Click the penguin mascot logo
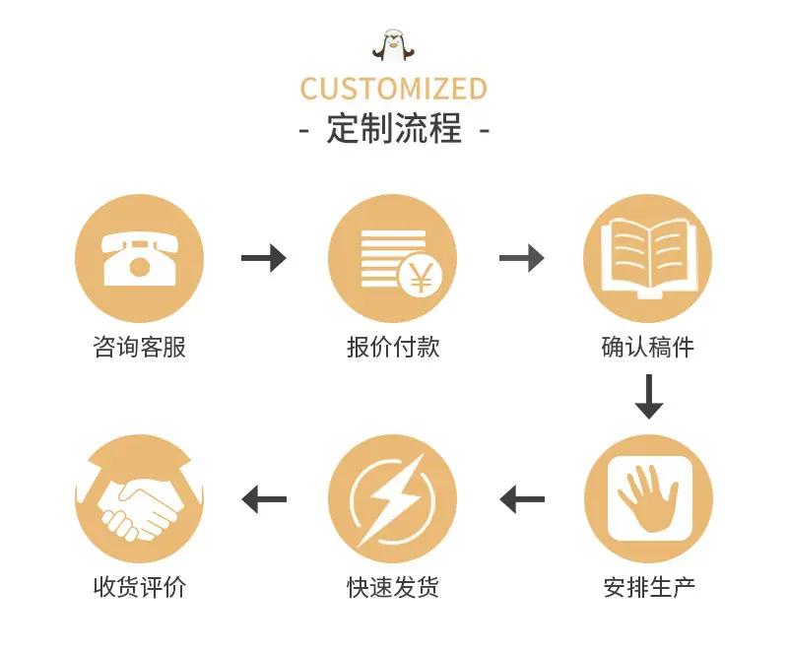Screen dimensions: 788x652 (393, 45)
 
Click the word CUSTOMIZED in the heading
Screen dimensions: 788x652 (393, 89)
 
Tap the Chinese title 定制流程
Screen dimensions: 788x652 (394, 129)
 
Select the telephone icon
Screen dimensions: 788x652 (139, 259)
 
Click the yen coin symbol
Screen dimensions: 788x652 (421, 274)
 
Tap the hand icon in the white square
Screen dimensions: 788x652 (648, 498)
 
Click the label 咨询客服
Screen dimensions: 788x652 (139, 347)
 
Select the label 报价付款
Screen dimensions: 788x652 (393, 347)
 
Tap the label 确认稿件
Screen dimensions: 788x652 (648, 347)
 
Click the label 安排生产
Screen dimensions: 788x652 (649, 587)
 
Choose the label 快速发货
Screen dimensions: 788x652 (393, 587)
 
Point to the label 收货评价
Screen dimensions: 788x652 (139, 587)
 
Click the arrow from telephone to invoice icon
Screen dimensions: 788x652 (264, 258)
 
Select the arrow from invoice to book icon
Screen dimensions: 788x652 (522, 258)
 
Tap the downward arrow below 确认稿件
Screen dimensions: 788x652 (649, 397)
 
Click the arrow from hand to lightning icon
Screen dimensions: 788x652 (522, 499)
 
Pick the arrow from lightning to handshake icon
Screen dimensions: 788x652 (264, 499)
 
